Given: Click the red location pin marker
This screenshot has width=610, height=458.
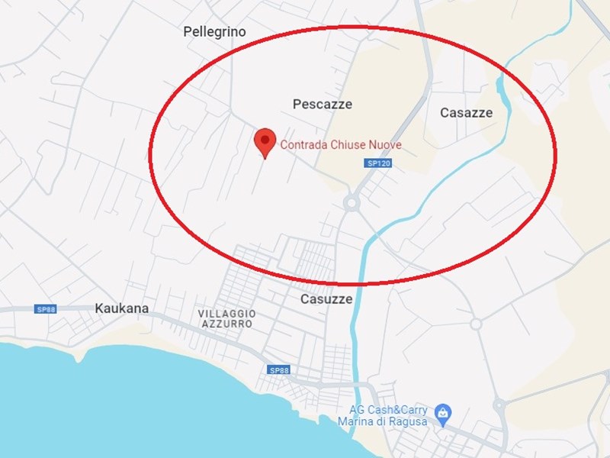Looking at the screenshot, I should click(265, 141).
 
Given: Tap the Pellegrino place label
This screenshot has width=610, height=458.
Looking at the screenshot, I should click(214, 32).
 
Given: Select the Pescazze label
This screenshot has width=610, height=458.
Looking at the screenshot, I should click(323, 104).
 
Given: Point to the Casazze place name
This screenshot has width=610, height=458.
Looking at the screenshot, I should click(466, 113).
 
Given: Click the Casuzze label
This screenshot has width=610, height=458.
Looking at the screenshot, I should click(326, 299).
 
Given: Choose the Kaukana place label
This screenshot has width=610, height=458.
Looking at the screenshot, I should click(121, 308).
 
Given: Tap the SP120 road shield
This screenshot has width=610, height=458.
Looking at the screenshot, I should click(374, 163).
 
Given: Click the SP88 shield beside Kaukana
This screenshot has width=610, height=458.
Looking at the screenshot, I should click(45, 309).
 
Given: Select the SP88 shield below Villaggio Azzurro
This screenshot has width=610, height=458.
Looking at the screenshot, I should click(279, 370).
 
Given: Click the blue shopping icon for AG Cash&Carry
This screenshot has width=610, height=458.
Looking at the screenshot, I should click(442, 414).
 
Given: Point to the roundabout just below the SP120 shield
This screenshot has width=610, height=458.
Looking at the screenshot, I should click(352, 203).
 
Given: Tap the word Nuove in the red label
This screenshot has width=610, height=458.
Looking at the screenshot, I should click(384, 144).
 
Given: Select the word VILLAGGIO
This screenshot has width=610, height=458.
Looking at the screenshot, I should click(226, 314).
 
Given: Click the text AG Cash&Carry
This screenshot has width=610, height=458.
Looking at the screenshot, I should click(388, 410).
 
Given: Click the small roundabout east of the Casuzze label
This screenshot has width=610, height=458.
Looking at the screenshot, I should click(476, 324).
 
